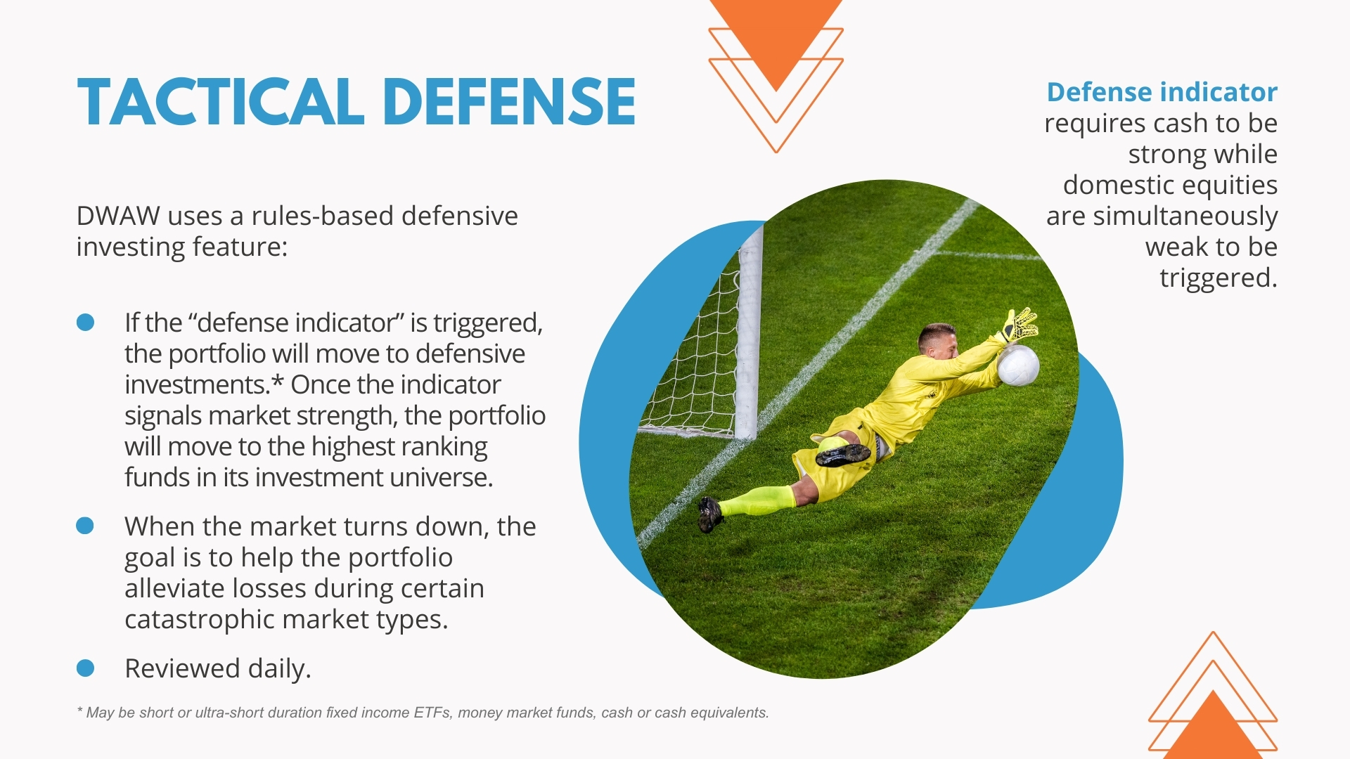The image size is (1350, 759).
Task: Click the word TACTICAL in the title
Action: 221,102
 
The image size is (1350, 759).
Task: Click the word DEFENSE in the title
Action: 510,102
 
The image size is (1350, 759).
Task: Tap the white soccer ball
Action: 1017,365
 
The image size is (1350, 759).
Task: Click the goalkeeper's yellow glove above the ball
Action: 1018,325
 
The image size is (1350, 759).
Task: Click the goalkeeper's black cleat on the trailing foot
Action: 710,514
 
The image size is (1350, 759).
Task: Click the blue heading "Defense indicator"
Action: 1162,92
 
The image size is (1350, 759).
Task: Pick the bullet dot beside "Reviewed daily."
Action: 85,668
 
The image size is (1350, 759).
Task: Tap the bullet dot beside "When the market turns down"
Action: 85,526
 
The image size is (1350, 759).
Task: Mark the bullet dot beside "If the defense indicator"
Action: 85,322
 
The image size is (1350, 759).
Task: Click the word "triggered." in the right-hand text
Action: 1219,278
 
